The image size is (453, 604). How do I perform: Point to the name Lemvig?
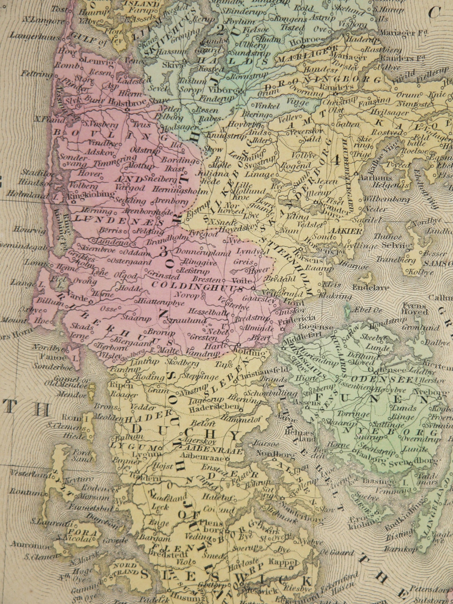click(x=96, y=60)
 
